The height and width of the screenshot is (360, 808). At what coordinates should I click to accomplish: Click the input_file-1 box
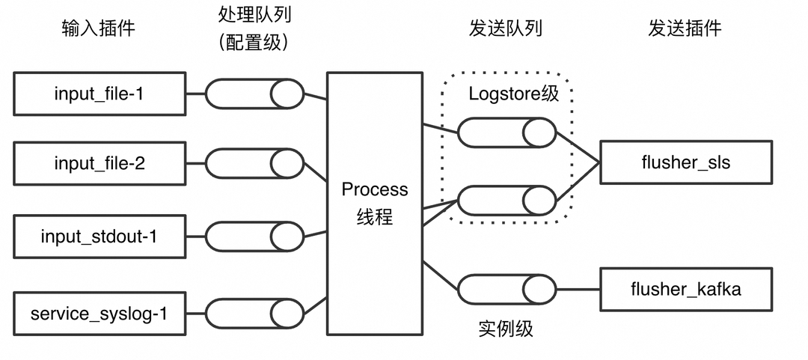click(x=99, y=94)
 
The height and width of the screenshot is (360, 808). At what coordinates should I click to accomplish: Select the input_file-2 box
click(x=99, y=163)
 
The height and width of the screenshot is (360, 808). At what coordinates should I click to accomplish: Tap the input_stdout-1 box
click(x=99, y=237)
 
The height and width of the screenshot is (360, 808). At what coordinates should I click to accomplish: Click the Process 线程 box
click(x=375, y=203)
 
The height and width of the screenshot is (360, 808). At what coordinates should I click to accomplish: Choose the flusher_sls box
click(x=685, y=162)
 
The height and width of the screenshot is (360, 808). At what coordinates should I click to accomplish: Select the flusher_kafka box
click(x=685, y=289)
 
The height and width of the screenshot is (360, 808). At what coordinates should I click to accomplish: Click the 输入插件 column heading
click(x=99, y=28)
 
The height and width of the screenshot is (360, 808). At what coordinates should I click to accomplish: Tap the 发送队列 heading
click(x=505, y=28)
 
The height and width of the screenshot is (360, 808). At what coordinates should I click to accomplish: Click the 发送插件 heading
click(x=685, y=28)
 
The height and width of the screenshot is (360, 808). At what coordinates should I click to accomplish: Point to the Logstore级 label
click(x=513, y=94)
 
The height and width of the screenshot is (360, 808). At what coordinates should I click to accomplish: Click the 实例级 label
click(x=506, y=328)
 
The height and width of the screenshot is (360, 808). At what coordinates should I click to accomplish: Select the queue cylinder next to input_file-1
click(x=254, y=94)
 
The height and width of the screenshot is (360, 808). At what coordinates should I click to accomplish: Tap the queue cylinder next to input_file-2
click(x=254, y=163)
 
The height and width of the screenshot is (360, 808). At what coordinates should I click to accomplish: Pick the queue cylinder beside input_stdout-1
click(x=254, y=237)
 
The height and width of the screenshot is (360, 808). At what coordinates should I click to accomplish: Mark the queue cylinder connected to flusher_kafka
click(x=506, y=290)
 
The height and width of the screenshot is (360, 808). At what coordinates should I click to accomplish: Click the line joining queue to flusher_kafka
click(x=578, y=290)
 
